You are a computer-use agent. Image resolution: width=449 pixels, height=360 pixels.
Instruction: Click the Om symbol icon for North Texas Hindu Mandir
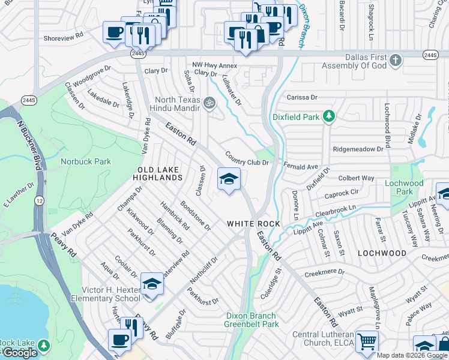[x=209, y=102]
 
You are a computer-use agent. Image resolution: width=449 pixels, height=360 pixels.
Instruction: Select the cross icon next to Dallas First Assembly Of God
[x=395, y=60]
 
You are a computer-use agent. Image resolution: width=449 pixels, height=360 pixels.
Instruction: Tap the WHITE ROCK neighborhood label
[x=253, y=224]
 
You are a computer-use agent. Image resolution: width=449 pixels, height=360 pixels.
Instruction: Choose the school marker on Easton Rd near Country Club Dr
[x=229, y=179]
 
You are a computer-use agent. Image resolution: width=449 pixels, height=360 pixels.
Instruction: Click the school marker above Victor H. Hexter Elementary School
[x=152, y=284]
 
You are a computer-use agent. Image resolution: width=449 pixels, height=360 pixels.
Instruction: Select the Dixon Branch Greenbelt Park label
[x=252, y=320]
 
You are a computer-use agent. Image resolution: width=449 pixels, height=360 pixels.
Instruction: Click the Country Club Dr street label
[x=246, y=158]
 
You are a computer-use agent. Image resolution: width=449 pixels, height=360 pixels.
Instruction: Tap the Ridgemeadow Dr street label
[x=358, y=148]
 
